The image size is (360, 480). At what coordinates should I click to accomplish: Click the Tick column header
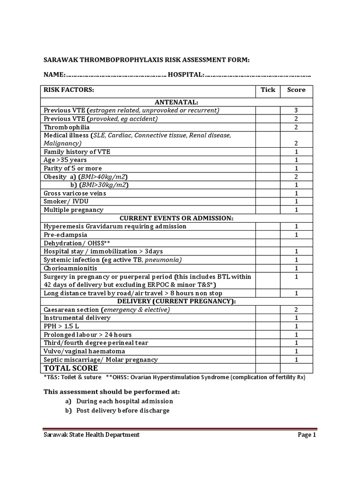click(268, 90)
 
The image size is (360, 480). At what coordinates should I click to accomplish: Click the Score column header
click(296, 90)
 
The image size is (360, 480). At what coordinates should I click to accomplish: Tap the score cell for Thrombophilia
click(296, 127)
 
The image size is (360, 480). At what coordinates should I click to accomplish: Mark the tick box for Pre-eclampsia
click(268, 234)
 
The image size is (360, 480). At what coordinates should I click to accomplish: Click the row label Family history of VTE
click(77, 151)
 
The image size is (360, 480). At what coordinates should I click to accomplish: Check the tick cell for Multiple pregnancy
click(268, 210)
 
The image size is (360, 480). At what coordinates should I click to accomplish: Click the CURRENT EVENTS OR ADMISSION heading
click(177, 218)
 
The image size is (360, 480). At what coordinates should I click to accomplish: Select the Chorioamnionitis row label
click(71, 268)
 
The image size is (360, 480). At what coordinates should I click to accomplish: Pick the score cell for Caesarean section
click(296, 309)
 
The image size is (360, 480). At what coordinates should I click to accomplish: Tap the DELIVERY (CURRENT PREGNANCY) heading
click(177, 301)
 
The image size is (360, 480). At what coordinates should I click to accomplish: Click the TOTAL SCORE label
click(71, 368)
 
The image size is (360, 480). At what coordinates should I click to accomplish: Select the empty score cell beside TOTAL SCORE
click(296, 368)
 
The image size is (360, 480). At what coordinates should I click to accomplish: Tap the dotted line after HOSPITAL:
click(258, 75)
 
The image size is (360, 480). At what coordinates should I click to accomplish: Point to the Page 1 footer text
click(307, 435)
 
